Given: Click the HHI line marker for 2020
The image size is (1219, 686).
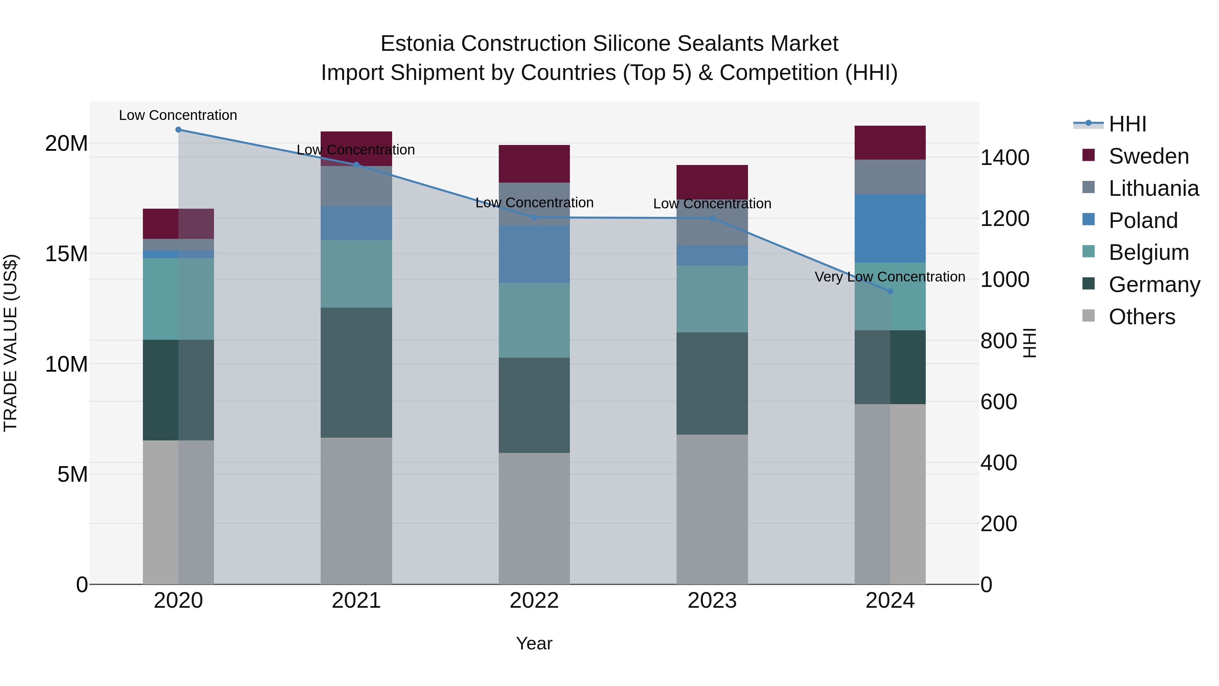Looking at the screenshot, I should click(178, 130).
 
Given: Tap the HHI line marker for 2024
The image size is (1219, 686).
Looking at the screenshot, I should click(890, 291).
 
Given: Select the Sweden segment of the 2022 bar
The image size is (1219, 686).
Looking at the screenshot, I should click(534, 164).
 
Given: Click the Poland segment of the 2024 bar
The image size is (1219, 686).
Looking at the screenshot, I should click(890, 228).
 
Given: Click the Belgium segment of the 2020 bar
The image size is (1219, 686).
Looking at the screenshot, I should click(178, 299).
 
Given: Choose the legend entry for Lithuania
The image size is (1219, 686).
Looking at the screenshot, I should click(1153, 188).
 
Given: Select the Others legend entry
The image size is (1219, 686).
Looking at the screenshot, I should click(1141, 317).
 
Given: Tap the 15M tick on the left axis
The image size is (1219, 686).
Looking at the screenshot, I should click(66, 254).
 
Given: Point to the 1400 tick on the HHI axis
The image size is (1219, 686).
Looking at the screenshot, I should click(1005, 158).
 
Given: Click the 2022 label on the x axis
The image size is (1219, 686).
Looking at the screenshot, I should click(534, 601).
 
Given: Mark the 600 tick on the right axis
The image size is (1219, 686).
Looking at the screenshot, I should click(999, 402).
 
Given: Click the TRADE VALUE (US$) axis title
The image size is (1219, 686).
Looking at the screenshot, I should click(10, 343).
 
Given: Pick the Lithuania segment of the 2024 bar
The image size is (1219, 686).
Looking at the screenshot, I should click(890, 177).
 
